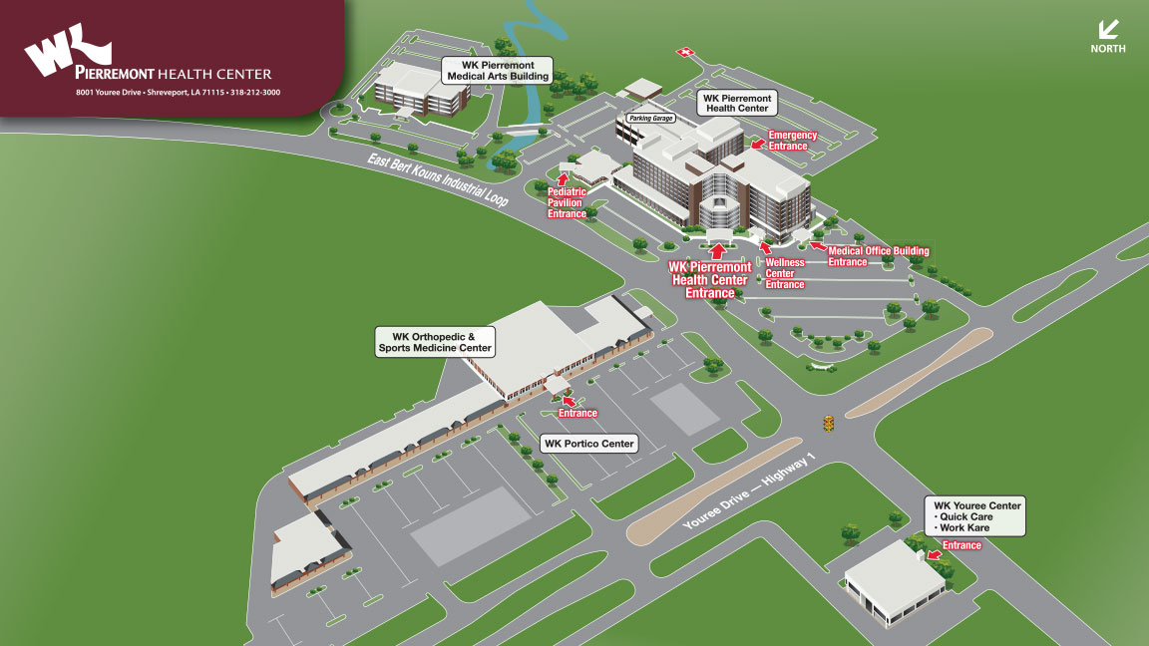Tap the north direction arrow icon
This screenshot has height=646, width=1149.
tap(1107, 29)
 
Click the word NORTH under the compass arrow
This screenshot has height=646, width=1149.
tap(1107, 49)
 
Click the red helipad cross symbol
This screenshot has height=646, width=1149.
tap(684, 51)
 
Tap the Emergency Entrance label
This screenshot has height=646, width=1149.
tap(793, 141)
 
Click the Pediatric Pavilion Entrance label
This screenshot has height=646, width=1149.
tap(565, 202)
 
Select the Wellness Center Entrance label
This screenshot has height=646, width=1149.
tap(784, 273)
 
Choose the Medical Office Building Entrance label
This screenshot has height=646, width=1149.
tap(878, 256)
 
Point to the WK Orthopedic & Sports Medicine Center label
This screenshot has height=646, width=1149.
tap(434, 342)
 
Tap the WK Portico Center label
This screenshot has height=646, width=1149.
tap(588, 444)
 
